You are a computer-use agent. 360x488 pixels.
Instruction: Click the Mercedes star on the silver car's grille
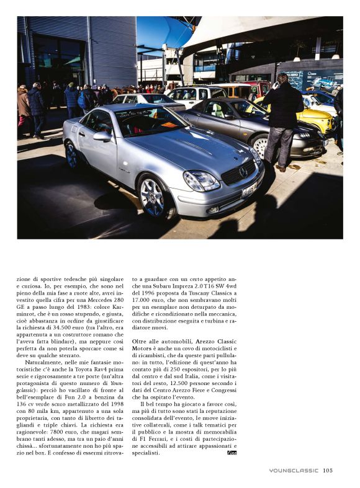[x=244, y=171]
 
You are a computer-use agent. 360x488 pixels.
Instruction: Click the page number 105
[x=328, y=470]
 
